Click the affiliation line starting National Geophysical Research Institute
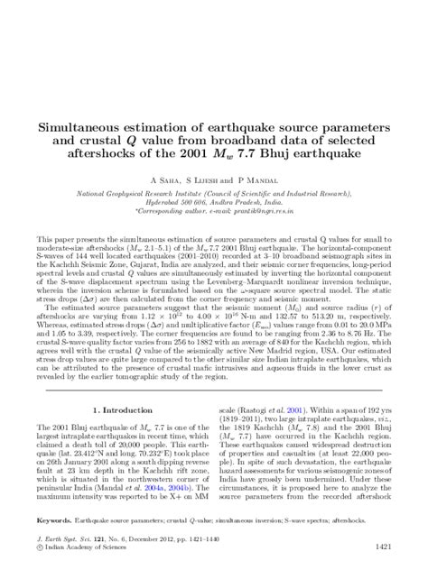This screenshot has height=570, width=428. click(214, 194)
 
